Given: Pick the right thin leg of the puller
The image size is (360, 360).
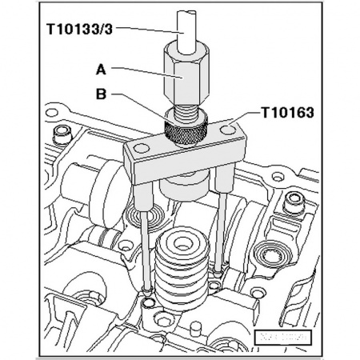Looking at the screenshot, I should pyautogui.click(x=220, y=232).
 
